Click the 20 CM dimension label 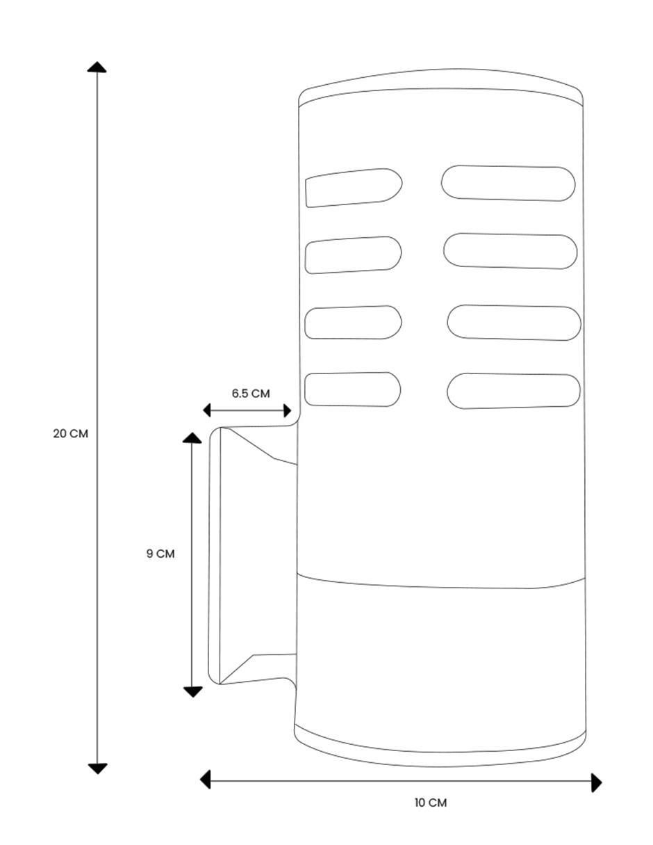click(x=71, y=433)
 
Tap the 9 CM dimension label click(x=160, y=554)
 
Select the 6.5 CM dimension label click(x=251, y=394)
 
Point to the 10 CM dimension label click(x=431, y=803)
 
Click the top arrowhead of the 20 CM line click(x=97, y=67)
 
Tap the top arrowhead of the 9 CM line click(x=192, y=438)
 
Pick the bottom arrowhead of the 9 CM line click(x=193, y=693)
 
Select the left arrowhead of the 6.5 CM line click(x=207, y=410)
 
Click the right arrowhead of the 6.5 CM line click(x=288, y=410)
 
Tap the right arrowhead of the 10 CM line click(x=597, y=783)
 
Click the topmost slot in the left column click(x=354, y=188)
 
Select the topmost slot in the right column click(x=509, y=183)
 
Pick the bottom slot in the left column click(x=352, y=389)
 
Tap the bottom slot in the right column click(x=513, y=391)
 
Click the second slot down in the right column click(x=510, y=251)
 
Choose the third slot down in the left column click(x=354, y=323)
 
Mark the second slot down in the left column click(x=354, y=255)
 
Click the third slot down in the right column click(x=514, y=323)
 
